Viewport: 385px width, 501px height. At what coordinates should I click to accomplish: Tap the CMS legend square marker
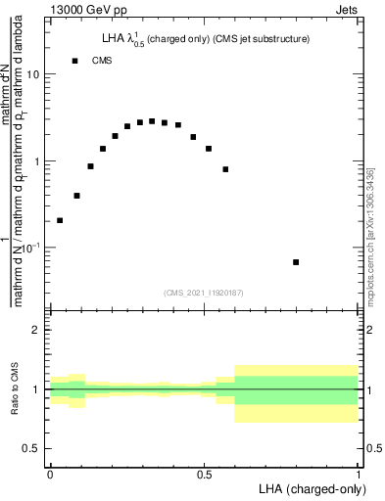(74, 61)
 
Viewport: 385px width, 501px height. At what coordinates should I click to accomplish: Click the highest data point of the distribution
(152, 121)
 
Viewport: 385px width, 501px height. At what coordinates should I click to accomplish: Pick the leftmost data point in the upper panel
(60, 220)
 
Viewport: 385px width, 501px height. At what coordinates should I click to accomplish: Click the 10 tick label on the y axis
(33, 74)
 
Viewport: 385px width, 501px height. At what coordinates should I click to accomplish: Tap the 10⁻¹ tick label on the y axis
(31, 248)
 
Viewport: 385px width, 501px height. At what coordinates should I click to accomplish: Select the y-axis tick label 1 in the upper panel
(37, 161)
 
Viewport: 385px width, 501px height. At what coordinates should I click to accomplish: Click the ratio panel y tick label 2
(37, 330)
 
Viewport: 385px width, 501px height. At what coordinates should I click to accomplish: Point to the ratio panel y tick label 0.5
(32, 448)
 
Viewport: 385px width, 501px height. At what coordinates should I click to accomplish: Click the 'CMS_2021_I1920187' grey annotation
(204, 292)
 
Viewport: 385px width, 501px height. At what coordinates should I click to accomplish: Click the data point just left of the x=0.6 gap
(225, 169)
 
